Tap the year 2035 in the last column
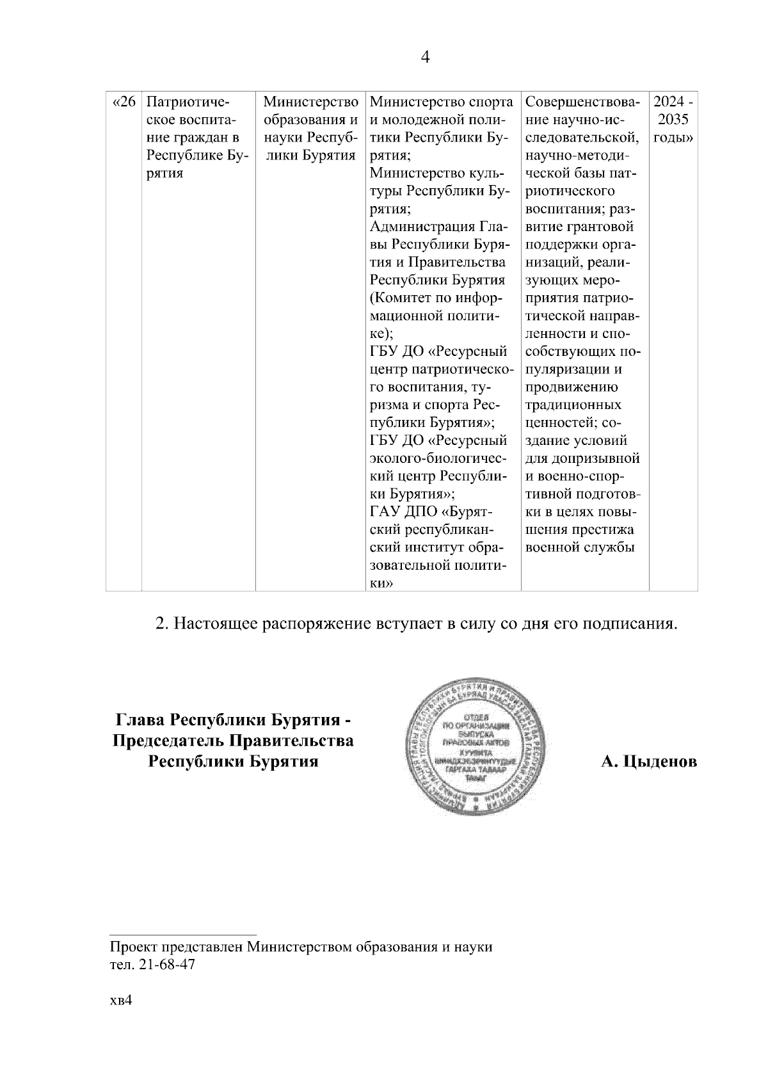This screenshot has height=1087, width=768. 673,120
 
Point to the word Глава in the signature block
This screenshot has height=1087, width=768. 138,720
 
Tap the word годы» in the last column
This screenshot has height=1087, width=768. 674,138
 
